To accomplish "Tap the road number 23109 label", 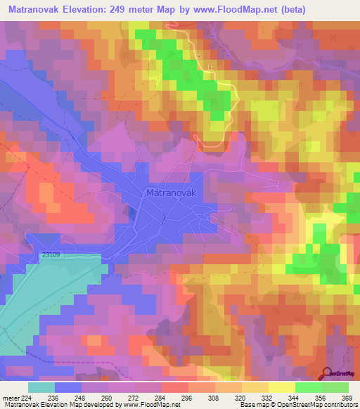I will click(51, 256).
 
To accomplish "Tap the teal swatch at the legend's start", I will click(41, 387).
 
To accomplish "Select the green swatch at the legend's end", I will click(335, 387).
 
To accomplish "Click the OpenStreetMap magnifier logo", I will click(328, 372).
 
